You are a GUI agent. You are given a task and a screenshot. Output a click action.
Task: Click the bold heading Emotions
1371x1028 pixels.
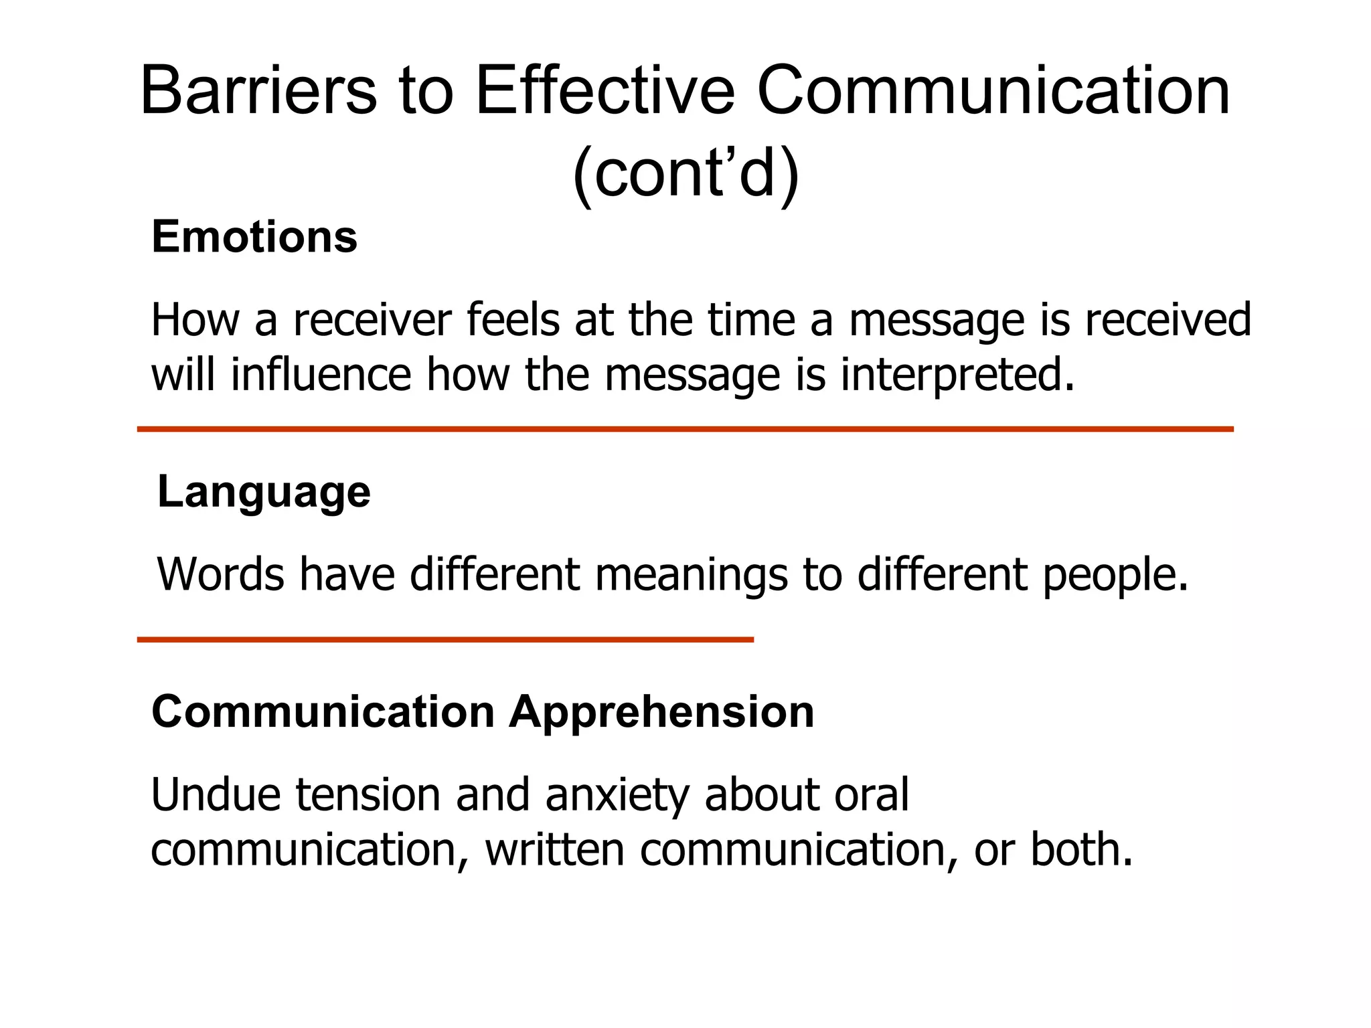point(254,237)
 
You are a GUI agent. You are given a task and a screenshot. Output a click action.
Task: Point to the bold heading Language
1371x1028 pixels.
point(264,493)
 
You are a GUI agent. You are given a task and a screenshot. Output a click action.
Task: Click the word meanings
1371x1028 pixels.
point(691,576)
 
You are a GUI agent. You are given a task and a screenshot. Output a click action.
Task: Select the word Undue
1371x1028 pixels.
point(216,794)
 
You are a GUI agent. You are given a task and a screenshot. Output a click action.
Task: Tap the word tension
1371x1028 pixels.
point(368,794)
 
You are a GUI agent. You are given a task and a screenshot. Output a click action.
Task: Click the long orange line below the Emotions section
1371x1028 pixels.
point(685,429)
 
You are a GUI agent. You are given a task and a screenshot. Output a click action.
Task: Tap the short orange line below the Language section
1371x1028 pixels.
point(445,640)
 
